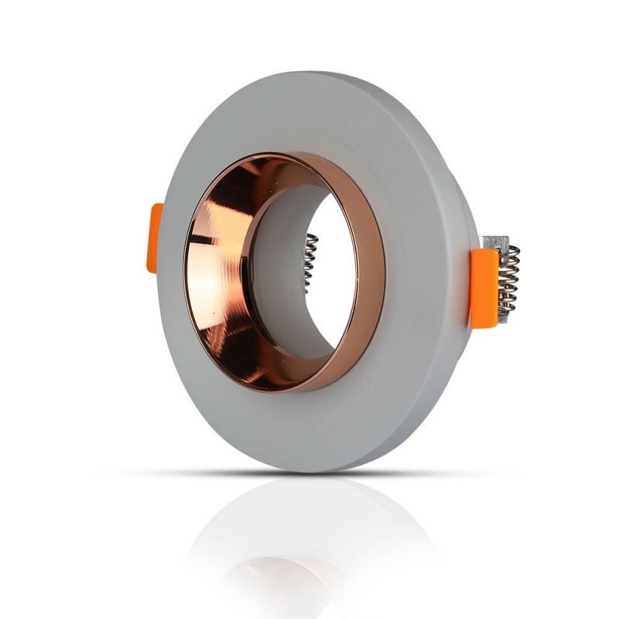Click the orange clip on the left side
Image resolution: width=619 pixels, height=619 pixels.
pyautogui.click(x=156, y=238)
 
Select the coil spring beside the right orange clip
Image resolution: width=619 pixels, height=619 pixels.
pyautogui.click(x=508, y=282)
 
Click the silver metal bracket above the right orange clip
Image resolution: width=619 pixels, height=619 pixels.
pyautogui.click(x=494, y=241)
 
